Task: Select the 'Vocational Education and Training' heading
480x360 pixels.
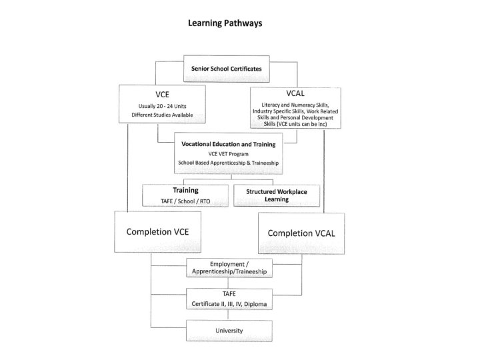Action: coord(229,143)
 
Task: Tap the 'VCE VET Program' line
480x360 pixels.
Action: coord(229,153)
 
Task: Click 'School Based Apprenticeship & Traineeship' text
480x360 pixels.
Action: coord(229,163)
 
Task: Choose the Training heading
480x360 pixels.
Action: coord(186,190)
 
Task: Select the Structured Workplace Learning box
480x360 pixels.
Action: coord(275,195)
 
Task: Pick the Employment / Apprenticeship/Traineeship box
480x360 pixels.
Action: coord(228,268)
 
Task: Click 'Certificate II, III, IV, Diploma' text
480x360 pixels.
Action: coord(228,305)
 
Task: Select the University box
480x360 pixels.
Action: coord(228,330)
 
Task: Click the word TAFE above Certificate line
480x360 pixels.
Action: coord(228,295)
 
